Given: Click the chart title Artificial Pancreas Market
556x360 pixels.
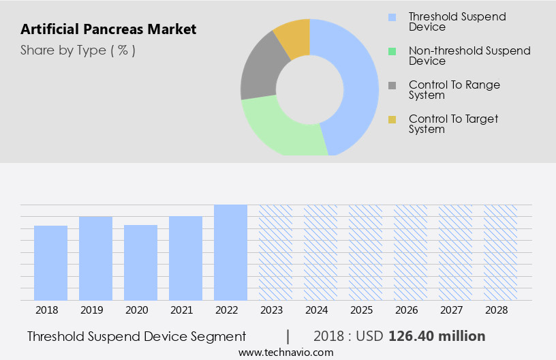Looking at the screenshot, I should (108, 29).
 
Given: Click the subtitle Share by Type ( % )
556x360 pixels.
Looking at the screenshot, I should (78, 50).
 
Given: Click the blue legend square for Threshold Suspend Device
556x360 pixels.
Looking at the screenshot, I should (392, 17).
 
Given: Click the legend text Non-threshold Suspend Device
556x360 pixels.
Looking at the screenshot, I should (469, 56).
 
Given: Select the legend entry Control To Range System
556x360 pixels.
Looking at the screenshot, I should (454, 90).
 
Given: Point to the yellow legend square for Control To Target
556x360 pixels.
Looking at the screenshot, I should (392, 120).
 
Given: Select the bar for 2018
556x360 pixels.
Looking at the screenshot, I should (51, 262).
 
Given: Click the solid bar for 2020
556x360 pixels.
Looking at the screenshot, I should (141, 262).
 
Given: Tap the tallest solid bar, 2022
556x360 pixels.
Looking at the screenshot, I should (230, 252).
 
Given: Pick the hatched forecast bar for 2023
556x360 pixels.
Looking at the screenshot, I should (275, 252).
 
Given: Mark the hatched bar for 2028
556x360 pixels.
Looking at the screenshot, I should (500, 252).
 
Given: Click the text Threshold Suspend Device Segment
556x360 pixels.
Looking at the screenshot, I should (136, 336).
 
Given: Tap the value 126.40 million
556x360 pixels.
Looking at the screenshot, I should (437, 336).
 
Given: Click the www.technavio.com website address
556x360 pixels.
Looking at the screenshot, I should (286, 352).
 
